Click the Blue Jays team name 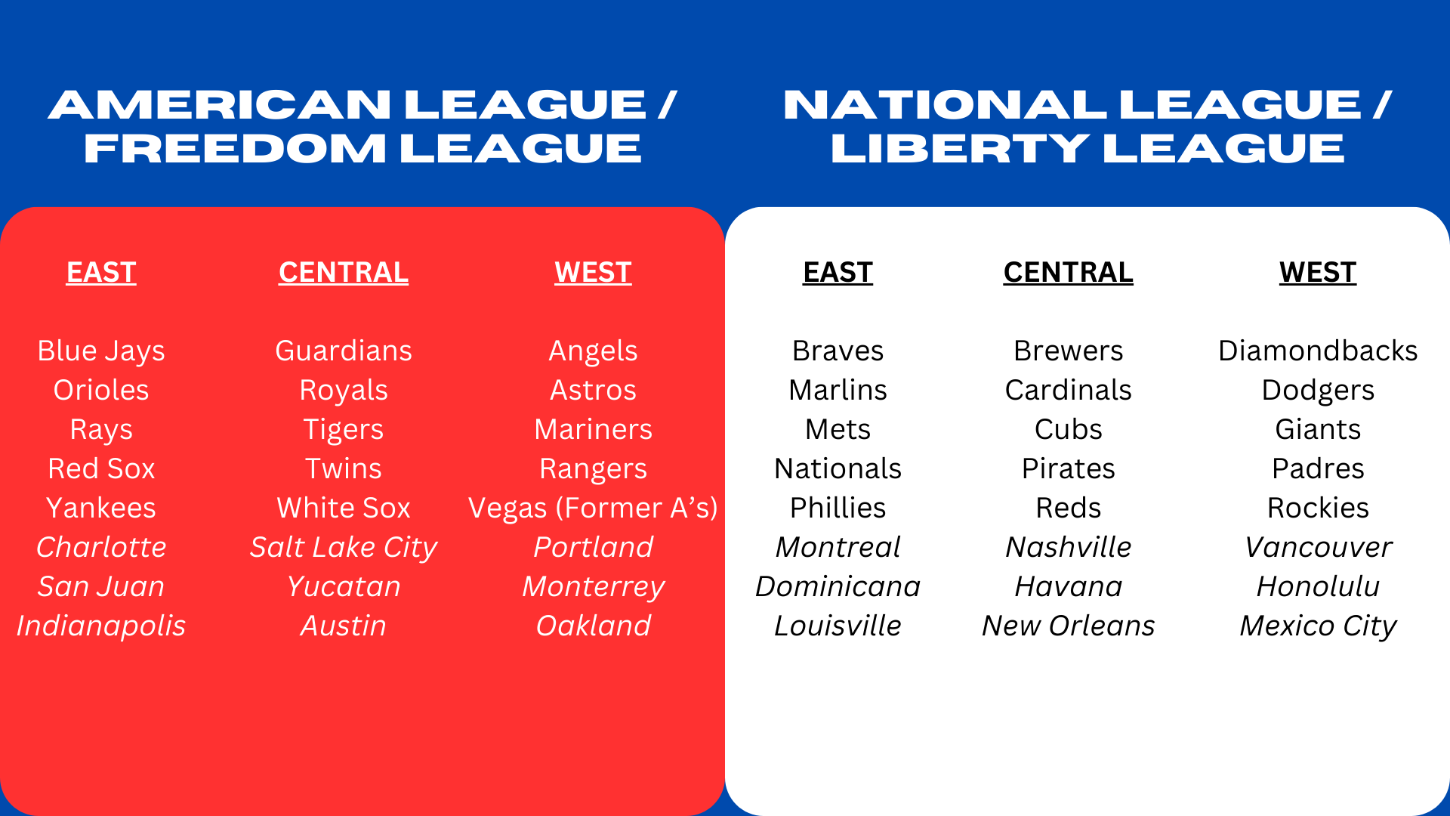click(x=101, y=351)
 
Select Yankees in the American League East click(x=101, y=508)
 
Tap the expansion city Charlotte click(x=101, y=547)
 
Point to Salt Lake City click(x=344, y=548)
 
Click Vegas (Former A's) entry click(x=593, y=508)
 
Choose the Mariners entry click(x=593, y=429)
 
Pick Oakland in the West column click(x=593, y=626)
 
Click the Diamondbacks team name click(x=1318, y=351)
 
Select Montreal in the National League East click(x=838, y=547)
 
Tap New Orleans click(x=1068, y=626)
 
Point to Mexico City click(x=1318, y=626)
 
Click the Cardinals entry click(x=1068, y=390)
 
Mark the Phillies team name click(x=838, y=508)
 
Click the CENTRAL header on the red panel click(x=344, y=272)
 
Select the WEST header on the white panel click(x=1318, y=272)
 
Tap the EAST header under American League click(x=101, y=272)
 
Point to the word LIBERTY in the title click(x=960, y=148)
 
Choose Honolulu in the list click(x=1318, y=586)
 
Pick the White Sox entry click(x=344, y=508)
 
